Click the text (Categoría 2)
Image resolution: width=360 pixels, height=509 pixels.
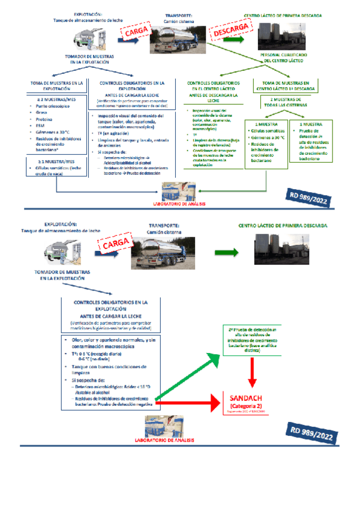(x=245, y=405)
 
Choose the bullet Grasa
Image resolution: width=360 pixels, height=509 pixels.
(x=41, y=112)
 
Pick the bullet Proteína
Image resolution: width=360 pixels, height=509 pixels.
(x=44, y=119)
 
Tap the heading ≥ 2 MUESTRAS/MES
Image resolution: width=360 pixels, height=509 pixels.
(x=53, y=98)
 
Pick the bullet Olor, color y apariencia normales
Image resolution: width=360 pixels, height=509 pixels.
(x=107, y=342)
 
